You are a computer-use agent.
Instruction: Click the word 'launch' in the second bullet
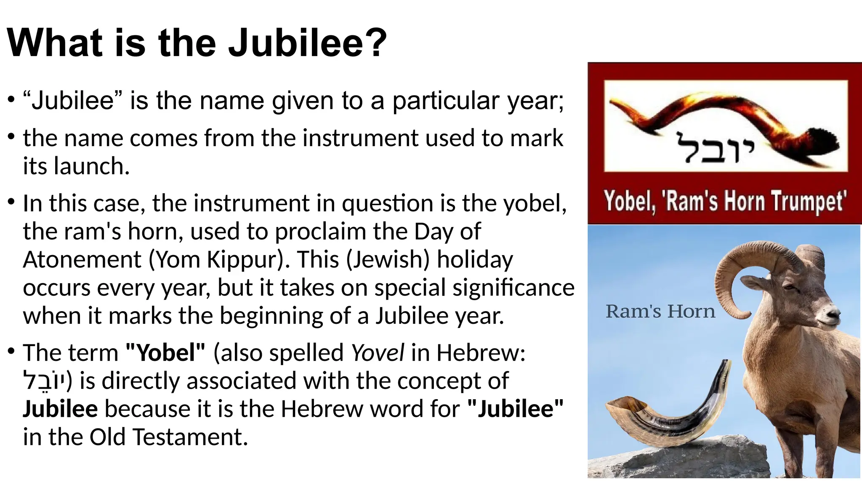pos(90,166)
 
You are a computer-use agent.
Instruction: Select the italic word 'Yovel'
pos(378,353)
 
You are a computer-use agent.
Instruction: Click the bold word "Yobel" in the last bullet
pos(165,353)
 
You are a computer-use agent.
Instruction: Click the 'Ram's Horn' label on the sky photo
pos(660,312)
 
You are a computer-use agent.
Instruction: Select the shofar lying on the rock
pos(669,417)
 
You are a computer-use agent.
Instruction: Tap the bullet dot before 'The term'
pos(12,350)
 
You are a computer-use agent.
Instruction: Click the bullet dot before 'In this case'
pos(12,201)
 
